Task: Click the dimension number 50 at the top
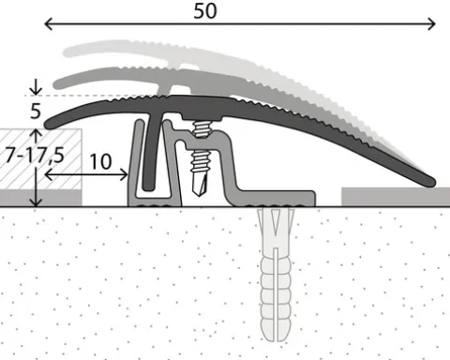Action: [x=205, y=11]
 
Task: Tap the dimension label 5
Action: [x=36, y=111]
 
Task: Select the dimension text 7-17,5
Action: [x=35, y=155]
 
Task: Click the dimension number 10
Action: [x=100, y=161]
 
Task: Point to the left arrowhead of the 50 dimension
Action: [x=49, y=23]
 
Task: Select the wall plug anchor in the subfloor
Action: [x=276, y=275]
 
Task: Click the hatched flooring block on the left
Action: [x=40, y=158]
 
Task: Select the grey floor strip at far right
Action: [x=396, y=197]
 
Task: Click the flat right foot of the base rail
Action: [x=275, y=199]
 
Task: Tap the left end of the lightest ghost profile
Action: [x=67, y=52]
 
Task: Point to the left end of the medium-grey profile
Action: [x=58, y=84]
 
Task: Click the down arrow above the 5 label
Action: [x=36, y=87]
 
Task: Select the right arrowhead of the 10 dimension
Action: [x=125, y=174]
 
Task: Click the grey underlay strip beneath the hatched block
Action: [x=41, y=198]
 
